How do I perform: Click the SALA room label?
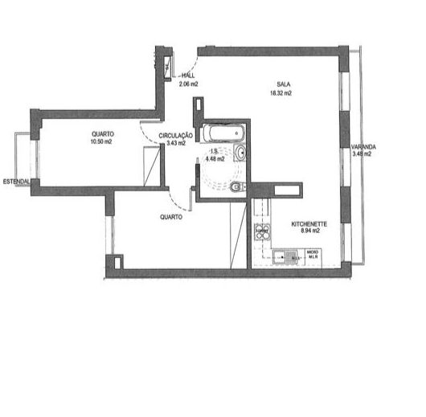click(x=283, y=84)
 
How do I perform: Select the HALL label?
click(x=189, y=75)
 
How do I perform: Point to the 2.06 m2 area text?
click(x=188, y=83)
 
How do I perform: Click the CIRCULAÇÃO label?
click(x=176, y=136)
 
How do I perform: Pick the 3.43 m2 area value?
click(x=176, y=143)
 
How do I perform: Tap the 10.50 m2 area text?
click(x=100, y=141)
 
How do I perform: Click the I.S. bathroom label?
click(x=215, y=151)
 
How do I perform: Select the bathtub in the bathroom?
click(x=223, y=132)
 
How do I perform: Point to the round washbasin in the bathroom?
click(x=240, y=153)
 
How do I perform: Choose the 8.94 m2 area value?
click(x=310, y=231)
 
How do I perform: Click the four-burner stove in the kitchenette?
click(x=262, y=232)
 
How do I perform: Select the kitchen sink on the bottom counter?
click(x=285, y=257)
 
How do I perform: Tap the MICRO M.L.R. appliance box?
click(x=313, y=256)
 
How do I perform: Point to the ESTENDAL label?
click(x=16, y=181)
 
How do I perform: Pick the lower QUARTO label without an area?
click(x=170, y=217)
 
